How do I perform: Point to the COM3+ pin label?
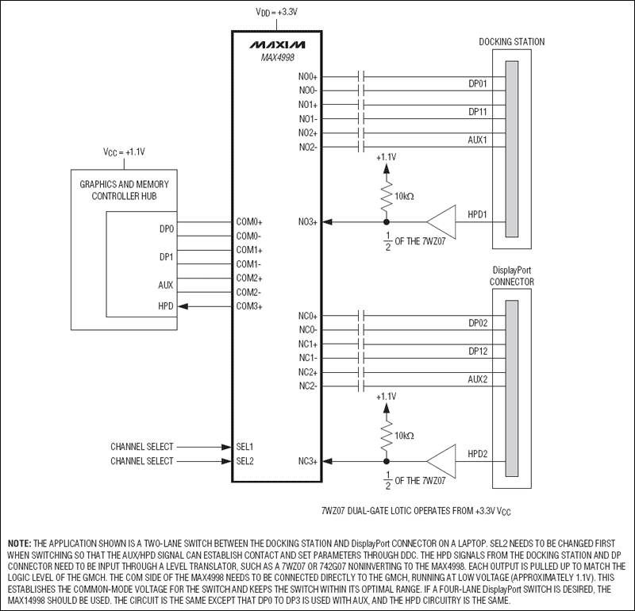(x=249, y=306)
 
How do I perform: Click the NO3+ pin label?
(x=308, y=222)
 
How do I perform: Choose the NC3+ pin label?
(x=308, y=460)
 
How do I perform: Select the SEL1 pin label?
(x=244, y=447)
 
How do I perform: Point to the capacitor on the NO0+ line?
(x=361, y=76)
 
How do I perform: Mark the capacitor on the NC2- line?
(x=361, y=386)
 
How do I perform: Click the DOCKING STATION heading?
(x=512, y=42)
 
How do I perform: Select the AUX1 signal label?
(x=477, y=139)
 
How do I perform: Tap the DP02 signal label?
(x=477, y=323)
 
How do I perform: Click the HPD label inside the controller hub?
(x=166, y=306)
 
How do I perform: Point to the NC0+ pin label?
(x=308, y=316)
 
